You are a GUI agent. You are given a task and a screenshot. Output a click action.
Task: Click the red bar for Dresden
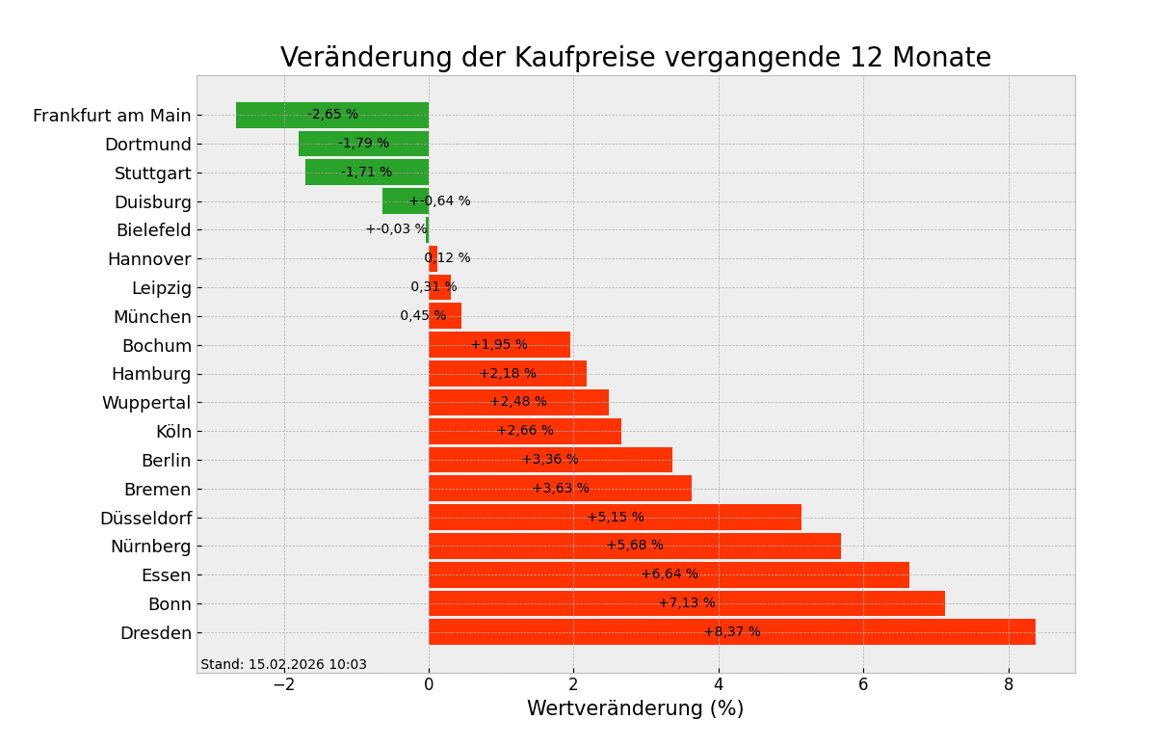tap(732, 632)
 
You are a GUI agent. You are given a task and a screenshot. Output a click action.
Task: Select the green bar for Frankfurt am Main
tap(332, 116)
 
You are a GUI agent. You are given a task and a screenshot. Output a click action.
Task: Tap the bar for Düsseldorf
tap(615, 518)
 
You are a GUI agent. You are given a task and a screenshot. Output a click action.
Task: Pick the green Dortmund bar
tap(363, 145)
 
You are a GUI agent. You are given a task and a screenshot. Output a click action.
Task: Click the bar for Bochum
tap(499, 345)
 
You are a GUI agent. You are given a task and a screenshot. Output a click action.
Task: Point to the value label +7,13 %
tap(687, 603)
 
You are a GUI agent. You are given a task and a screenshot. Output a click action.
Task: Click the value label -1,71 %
tap(366, 173)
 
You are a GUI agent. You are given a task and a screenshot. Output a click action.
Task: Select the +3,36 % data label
tap(550, 460)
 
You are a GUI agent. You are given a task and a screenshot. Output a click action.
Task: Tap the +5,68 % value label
tap(635, 546)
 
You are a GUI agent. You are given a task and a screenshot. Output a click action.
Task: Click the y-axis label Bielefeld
tap(154, 230)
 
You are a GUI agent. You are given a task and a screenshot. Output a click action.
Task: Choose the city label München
tap(152, 317)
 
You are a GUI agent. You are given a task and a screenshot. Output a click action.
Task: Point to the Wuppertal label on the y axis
tap(146, 403)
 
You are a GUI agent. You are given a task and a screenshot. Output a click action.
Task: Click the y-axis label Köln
tap(173, 432)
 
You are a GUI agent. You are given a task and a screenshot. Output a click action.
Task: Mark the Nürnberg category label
tap(151, 547)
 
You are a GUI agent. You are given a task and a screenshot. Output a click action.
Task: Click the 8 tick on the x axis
tap(1009, 684)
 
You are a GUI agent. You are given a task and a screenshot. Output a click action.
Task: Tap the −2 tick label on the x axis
tap(283, 684)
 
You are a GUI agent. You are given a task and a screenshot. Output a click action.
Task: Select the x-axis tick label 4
tap(719, 684)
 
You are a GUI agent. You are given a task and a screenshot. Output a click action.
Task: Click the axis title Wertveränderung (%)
tap(635, 709)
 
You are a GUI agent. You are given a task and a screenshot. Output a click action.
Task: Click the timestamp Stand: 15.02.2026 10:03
tap(283, 665)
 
